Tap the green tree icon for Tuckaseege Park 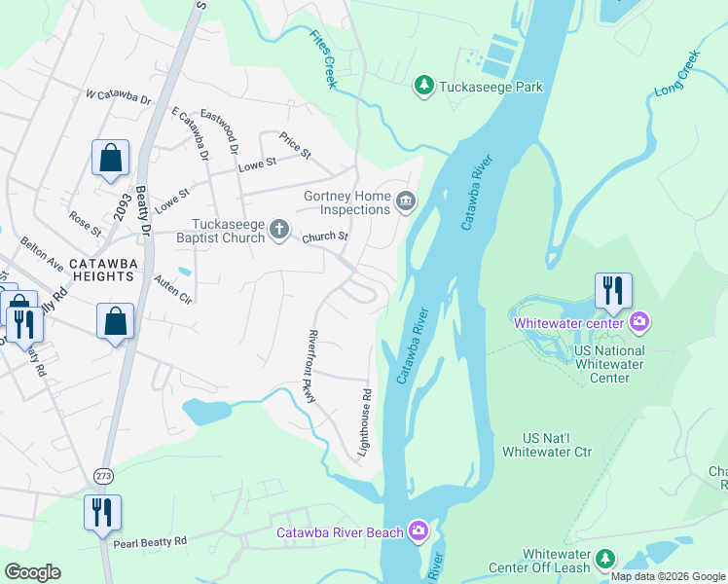[423, 87]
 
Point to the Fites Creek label [323, 59]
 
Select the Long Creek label [676, 78]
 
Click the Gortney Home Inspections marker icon [406, 202]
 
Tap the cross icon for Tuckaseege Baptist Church [279, 230]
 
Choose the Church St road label [324, 236]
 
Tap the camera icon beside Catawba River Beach [418, 530]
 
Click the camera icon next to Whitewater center [639, 320]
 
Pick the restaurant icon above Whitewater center [613, 290]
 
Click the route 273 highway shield [103, 474]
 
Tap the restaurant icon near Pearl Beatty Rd [102, 511]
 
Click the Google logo [32, 572]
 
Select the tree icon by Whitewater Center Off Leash [605, 559]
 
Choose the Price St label [293, 146]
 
